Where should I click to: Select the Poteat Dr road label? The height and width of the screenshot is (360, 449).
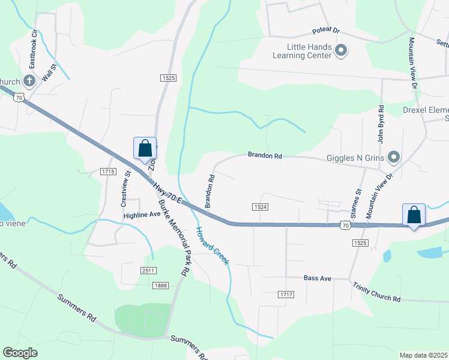pyautogui.click(x=326, y=31)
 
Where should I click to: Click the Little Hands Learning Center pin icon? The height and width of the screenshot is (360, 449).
pyautogui.click(x=341, y=50)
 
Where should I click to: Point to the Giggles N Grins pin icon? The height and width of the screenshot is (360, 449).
pyautogui.click(x=394, y=158)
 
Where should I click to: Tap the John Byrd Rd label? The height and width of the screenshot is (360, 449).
pyautogui.click(x=381, y=123)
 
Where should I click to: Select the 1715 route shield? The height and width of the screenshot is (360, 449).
pyautogui.click(x=108, y=172)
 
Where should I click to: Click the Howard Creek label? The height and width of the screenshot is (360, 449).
pyautogui.click(x=212, y=245)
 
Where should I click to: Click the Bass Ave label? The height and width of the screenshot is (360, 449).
pyautogui.click(x=318, y=278)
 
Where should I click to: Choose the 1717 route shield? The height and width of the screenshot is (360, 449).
pyautogui.click(x=286, y=294)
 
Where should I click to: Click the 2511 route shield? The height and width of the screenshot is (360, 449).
pyautogui.click(x=149, y=271)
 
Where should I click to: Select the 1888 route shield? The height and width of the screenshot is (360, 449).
pyautogui.click(x=160, y=285)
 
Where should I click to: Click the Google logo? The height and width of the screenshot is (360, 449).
pyautogui.click(x=20, y=353)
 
